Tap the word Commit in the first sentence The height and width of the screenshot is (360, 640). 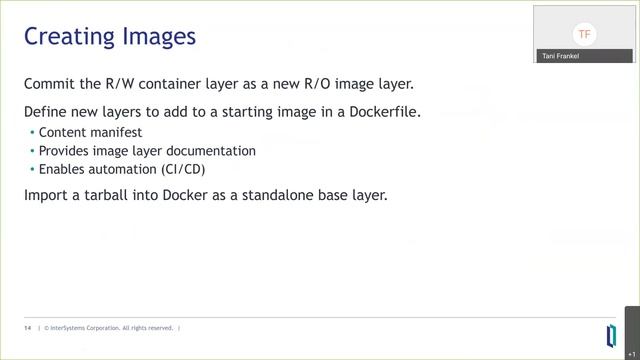point(50,84)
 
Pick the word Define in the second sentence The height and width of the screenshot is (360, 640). point(46,111)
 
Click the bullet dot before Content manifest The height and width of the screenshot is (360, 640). point(31,132)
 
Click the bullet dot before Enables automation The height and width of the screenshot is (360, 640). point(31,170)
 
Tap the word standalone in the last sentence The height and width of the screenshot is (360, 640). point(274,194)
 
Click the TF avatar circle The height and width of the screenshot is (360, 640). point(585,34)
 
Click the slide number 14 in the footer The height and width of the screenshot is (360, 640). point(27,328)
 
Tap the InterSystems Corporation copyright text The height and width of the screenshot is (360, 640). point(109,328)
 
